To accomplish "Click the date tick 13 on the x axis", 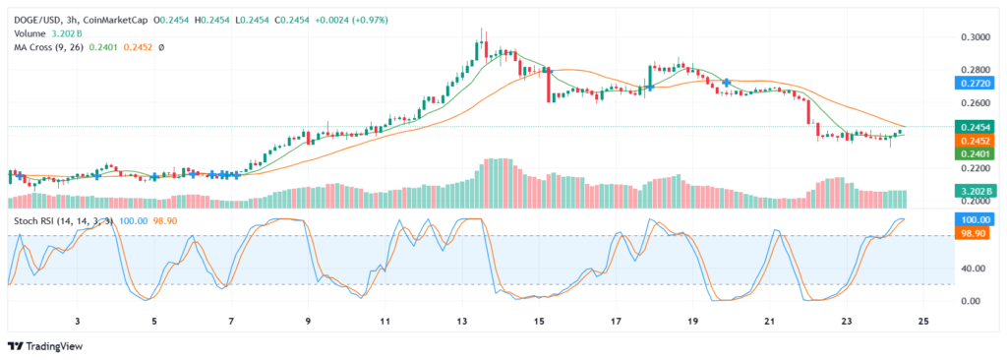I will tap(461, 321).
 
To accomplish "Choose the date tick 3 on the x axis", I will tap(77, 321).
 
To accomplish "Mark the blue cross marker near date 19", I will tap(726, 82).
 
